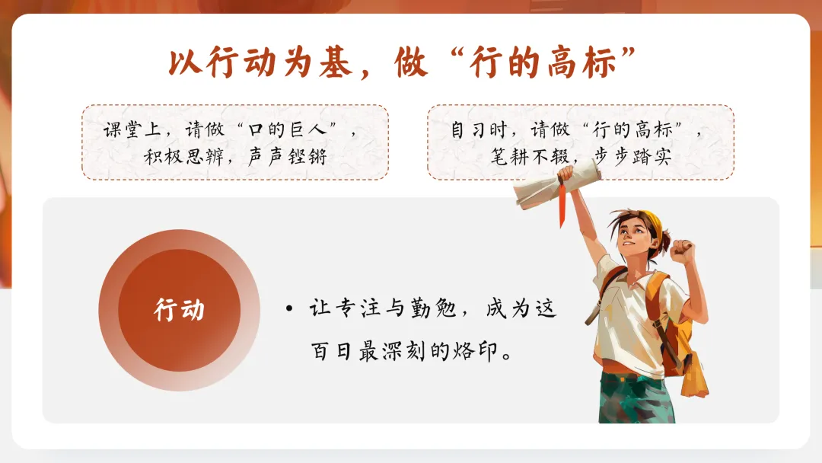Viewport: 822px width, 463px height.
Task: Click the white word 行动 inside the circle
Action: [179, 310]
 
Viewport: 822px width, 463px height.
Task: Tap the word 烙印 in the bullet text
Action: [473, 353]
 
